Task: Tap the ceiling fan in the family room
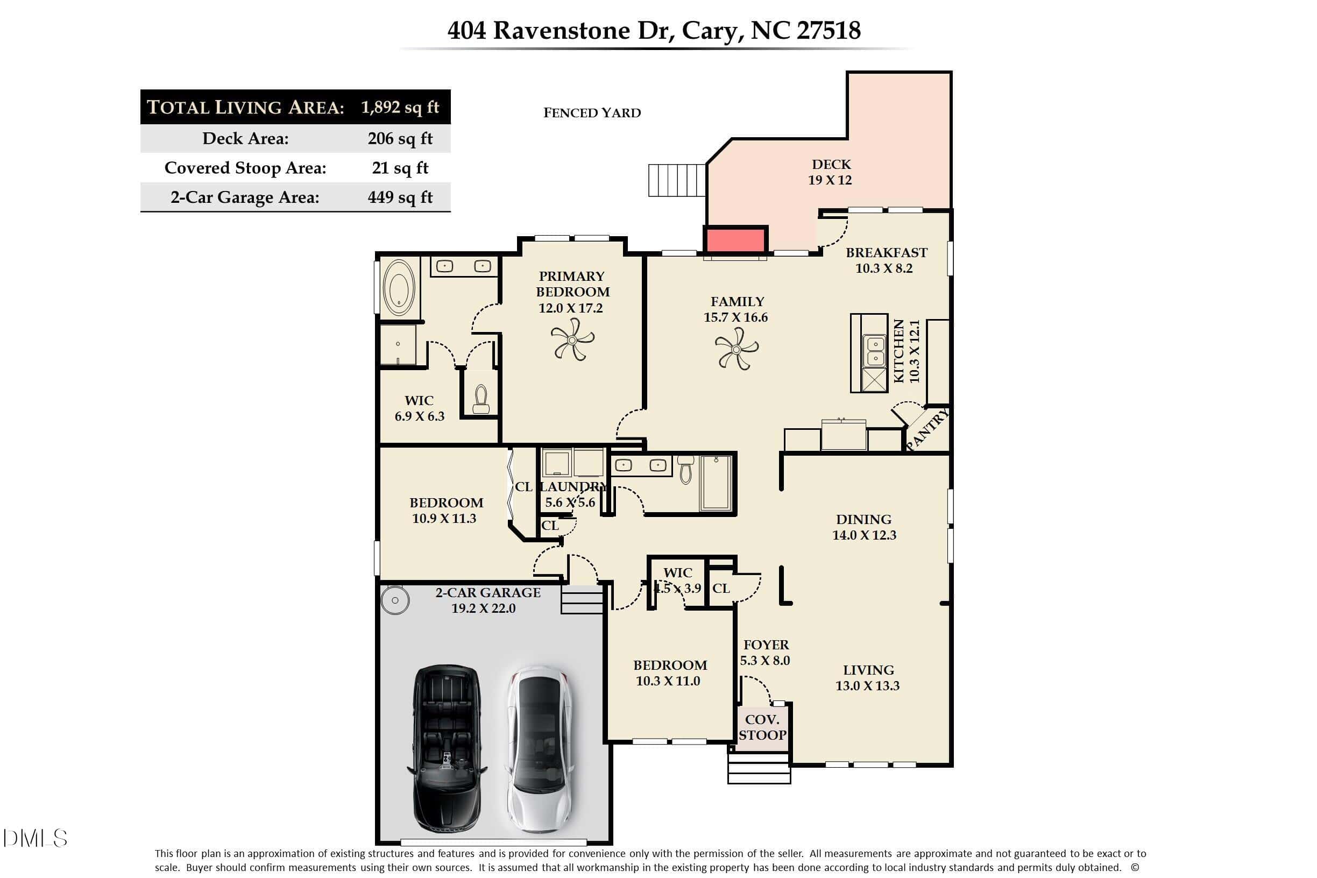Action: (x=737, y=349)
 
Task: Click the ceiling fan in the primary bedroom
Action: (x=572, y=339)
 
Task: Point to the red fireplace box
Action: (x=735, y=239)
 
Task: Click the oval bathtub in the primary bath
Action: (x=399, y=287)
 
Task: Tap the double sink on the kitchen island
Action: (x=875, y=351)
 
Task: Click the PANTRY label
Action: (x=927, y=429)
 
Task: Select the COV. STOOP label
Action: (x=762, y=727)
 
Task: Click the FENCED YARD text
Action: (x=592, y=113)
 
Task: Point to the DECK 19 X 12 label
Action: (x=831, y=172)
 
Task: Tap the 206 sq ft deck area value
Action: (x=400, y=138)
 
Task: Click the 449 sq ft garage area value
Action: (x=400, y=197)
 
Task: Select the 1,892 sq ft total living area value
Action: (x=400, y=107)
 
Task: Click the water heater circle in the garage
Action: (x=395, y=600)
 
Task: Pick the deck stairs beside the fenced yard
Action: (x=677, y=180)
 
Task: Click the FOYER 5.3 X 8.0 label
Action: (x=766, y=653)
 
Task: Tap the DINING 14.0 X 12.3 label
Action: (x=864, y=527)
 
